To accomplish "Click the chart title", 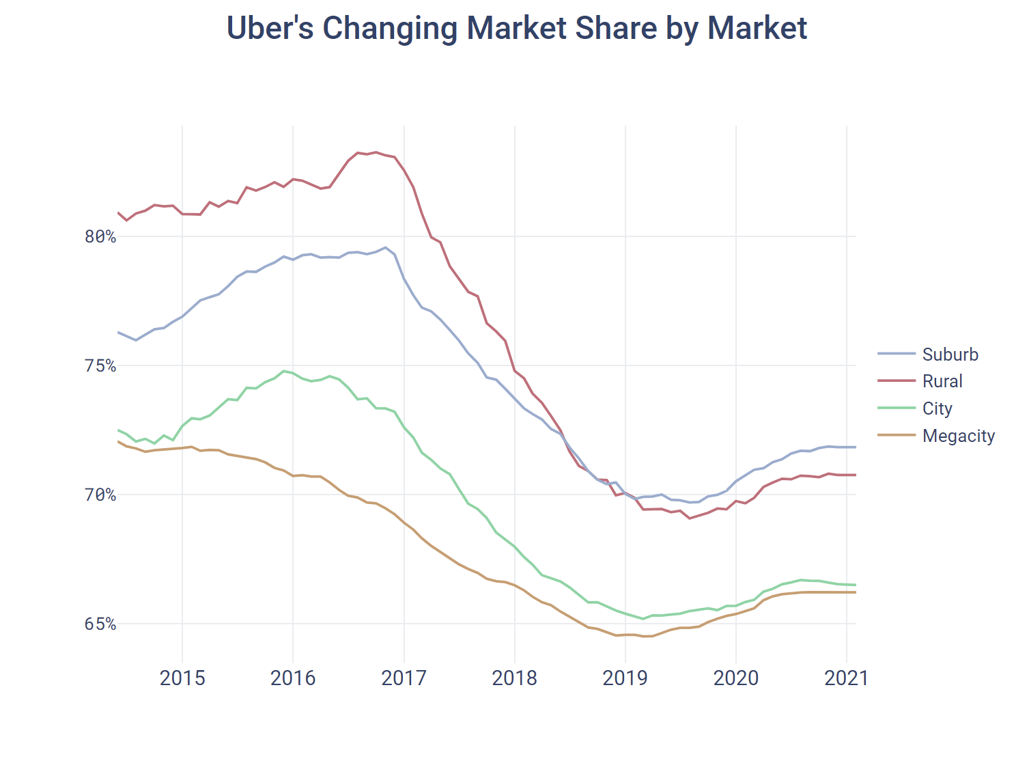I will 516,29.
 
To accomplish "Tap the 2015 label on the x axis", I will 182,678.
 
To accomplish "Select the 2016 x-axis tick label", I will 293,678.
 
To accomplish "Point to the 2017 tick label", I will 404,678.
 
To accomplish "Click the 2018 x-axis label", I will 514,678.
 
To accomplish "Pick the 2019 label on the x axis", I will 625,678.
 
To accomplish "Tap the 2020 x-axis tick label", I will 735,678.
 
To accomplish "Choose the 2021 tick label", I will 846,678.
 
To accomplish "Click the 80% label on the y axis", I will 100,237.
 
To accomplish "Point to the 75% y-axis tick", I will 100,366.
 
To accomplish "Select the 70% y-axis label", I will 100,495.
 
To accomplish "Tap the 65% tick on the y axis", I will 100,624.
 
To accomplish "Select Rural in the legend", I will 942,381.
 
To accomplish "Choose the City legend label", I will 937,408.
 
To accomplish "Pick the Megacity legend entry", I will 958,436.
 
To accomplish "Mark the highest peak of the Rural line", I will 376,152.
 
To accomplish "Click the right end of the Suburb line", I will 856,447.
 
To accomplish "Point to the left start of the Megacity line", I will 118,441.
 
